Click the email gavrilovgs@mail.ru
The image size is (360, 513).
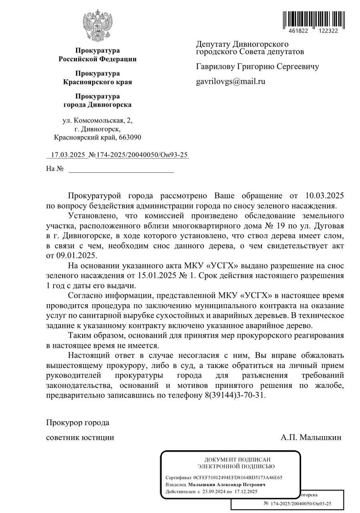coord(230,81)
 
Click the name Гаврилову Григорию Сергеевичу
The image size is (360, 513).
coord(257,67)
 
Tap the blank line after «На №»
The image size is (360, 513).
coord(121,169)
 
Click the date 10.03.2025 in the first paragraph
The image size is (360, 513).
coord(324,196)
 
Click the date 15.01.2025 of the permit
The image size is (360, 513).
coord(152,276)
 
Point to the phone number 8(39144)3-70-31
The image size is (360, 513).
coord(232,395)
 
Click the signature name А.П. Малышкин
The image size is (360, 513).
coord(311,437)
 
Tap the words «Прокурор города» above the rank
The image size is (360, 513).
coord(78,423)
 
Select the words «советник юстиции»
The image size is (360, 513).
coord(80,437)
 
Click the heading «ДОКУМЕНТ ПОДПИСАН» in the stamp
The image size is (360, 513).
coord(237,459)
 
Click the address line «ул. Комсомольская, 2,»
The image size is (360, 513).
coord(97,120)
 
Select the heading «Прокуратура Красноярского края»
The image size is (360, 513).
coord(97,78)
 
